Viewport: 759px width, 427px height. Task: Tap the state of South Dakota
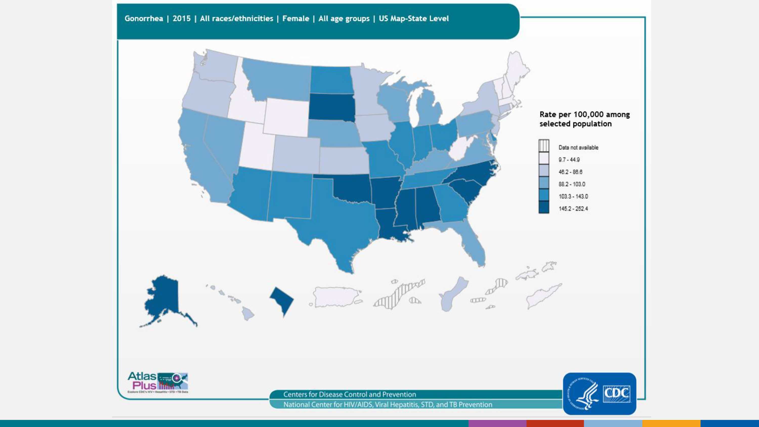[331, 108]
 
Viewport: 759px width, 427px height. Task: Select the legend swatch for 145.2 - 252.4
[544, 207]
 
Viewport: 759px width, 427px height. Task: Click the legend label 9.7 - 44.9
[569, 160]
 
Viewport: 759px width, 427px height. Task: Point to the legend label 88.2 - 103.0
[572, 184]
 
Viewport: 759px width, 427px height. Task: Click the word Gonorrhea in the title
[143, 18]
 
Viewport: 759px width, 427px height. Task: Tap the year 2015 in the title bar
[181, 18]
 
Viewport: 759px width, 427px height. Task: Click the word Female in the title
[296, 18]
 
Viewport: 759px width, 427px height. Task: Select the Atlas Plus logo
[158, 382]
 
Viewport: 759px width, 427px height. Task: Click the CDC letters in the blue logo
[617, 393]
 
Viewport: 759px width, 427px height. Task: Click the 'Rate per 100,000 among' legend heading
[584, 114]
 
